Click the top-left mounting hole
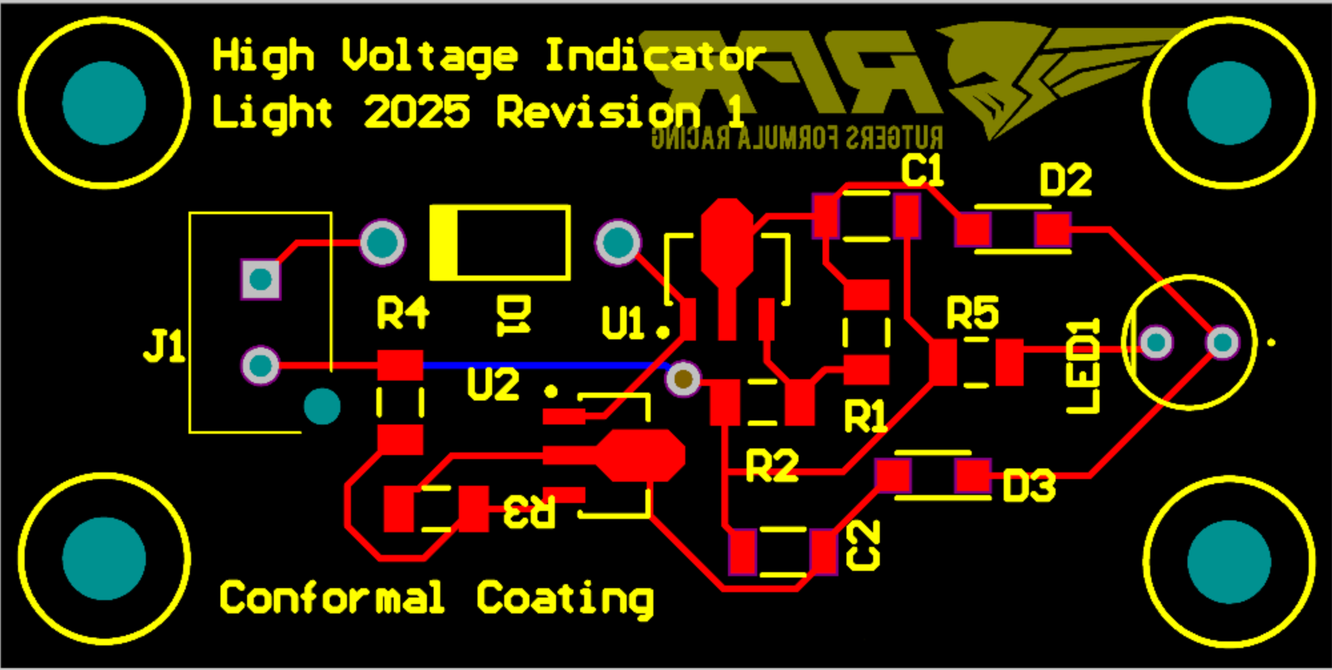[x=104, y=103]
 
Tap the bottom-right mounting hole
[x=1229, y=560]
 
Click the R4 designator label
[x=403, y=313]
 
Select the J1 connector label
[x=164, y=346]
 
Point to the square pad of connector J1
[x=260, y=279]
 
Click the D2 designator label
[x=1066, y=180]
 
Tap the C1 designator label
[x=922, y=170]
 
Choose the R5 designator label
[x=972, y=313]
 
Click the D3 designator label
[x=1029, y=486]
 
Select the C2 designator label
[x=863, y=545]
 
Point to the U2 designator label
[x=493, y=385]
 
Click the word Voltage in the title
[x=430, y=57]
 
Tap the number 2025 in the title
[x=417, y=112]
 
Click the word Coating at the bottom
[x=565, y=598]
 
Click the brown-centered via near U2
[x=683, y=379]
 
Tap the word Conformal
[x=332, y=597]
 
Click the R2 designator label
[x=771, y=466]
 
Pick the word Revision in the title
[x=598, y=112]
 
